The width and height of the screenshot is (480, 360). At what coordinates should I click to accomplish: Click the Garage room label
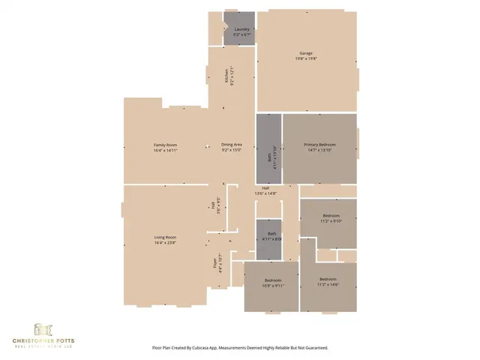[x=306, y=53]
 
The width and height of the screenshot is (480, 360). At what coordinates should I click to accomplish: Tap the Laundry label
[x=241, y=29]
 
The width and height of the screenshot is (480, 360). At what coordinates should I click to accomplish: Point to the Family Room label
[x=165, y=145]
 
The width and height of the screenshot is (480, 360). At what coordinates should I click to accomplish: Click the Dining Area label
[x=231, y=145]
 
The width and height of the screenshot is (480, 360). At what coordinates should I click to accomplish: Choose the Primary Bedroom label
[x=319, y=145]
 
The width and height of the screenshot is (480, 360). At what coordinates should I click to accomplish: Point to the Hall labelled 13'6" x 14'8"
[x=265, y=190]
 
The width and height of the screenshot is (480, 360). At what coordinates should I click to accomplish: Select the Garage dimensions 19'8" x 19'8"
[x=306, y=58]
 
